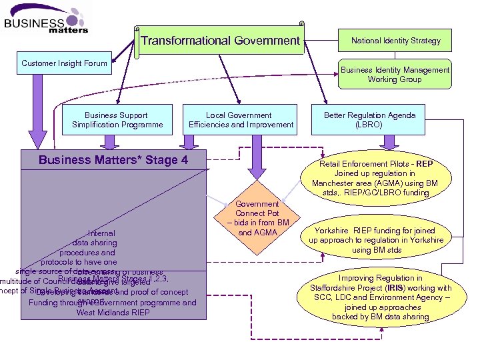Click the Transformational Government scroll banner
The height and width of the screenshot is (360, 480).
pyautogui.click(x=220, y=41)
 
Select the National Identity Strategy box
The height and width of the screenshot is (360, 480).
pyautogui.click(x=395, y=41)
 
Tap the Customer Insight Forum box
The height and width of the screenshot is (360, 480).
pyautogui.click(x=64, y=64)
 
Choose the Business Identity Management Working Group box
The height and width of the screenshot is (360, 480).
pyautogui.click(x=395, y=75)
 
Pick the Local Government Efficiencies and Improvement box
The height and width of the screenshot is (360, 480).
pyautogui.click(x=241, y=120)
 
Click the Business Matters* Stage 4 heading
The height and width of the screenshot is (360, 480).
pyautogui.click(x=113, y=160)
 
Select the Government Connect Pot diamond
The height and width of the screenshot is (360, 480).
pyautogui.click(x=257, y=219)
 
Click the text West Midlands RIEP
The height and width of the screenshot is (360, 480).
pyautogui.click(x=113, y=312)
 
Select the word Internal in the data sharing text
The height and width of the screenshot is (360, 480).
pyautogui.click(x=101, y=234)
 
